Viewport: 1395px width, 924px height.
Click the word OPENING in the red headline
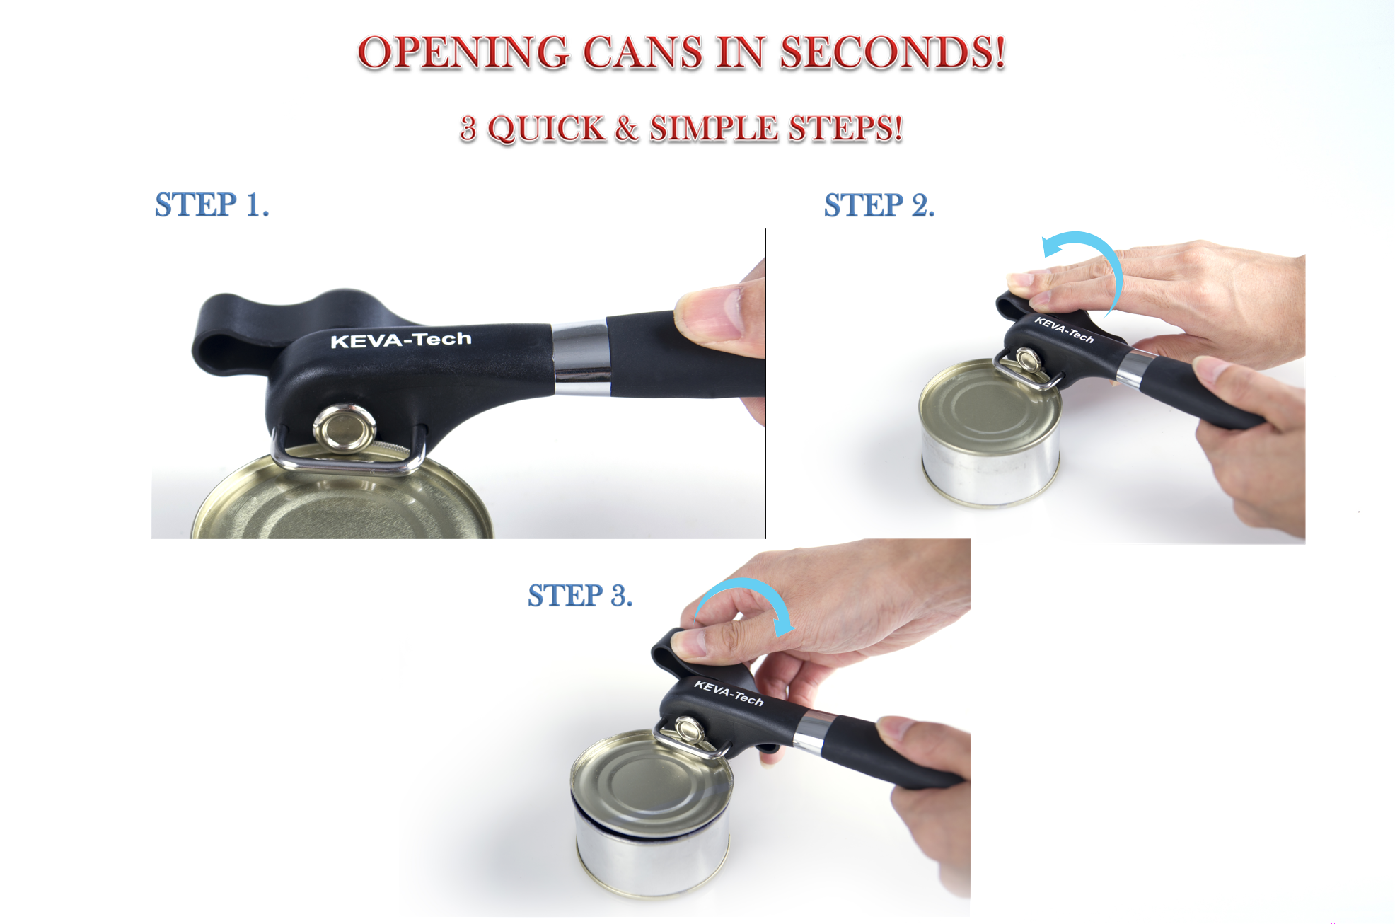[463, 53]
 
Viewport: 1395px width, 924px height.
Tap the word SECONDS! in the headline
[892, 53]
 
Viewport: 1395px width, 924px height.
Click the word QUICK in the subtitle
[546, 129]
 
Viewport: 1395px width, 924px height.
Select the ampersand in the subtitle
[627, 129]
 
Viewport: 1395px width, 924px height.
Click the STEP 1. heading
[212, 205]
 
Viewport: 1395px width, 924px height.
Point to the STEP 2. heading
[879, 206]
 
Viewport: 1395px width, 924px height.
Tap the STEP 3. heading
[579, 596]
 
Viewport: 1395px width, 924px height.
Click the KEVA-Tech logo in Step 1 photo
[400, 340]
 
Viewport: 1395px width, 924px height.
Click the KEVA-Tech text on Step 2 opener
[1064, 330]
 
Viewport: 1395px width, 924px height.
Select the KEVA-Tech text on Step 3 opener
[729, 693]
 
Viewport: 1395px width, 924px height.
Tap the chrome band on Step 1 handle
[581, 357]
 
